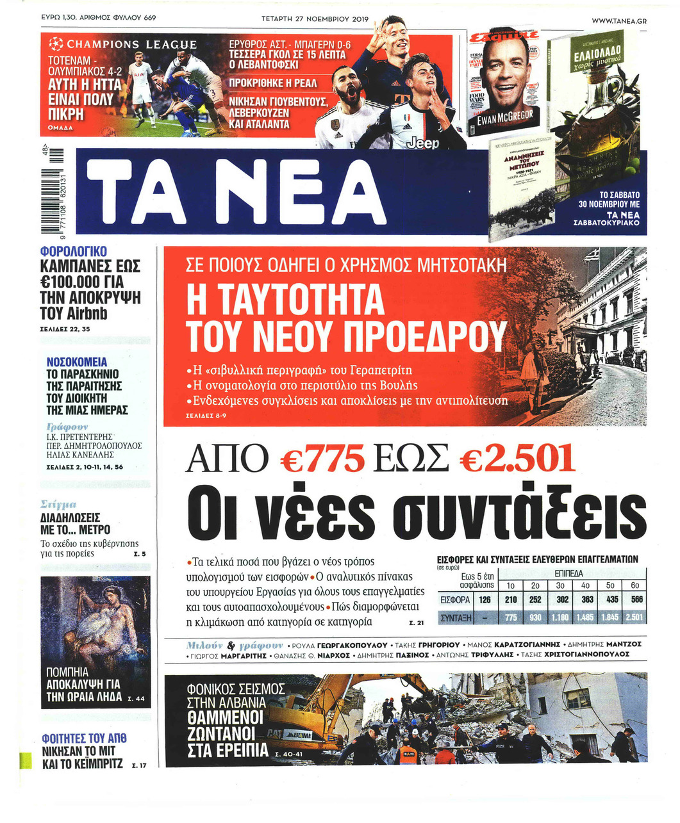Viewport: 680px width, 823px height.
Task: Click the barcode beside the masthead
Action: tap(54, 193)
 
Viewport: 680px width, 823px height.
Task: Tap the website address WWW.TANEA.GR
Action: tap(618, 21)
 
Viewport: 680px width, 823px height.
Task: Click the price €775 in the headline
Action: tap(323, 459)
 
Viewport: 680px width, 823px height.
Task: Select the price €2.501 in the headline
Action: tap(518, 459)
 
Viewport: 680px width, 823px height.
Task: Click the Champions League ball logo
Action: tap(56, 44)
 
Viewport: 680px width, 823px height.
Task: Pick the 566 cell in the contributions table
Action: tap(636, 600)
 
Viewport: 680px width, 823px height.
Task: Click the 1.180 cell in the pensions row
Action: tap(560, 617)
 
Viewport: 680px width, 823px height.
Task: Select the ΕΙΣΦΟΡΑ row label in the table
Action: tap(456, 600)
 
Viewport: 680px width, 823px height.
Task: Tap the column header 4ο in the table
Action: tap(585, 585)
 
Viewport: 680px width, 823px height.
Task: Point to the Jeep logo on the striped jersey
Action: tap(422, 143)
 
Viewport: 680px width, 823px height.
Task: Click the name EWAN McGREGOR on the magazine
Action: tap(510, 117)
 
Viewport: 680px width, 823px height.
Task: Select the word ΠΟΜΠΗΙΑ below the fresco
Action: tap(67, 672)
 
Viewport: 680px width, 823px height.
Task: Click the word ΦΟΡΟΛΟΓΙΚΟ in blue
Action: tap(73, 252)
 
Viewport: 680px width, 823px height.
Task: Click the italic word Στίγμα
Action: tap(58, 505)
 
